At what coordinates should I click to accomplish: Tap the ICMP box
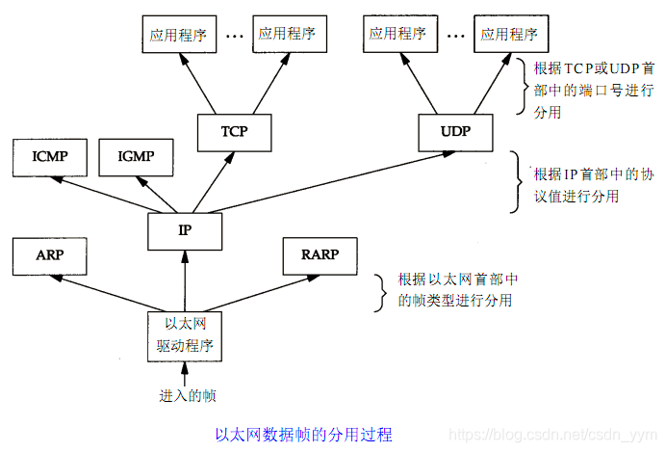48,155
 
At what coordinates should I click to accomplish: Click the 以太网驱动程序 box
184,334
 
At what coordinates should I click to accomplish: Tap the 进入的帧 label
184,395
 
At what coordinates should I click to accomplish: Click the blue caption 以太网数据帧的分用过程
303,434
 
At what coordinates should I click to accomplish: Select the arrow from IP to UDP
327,177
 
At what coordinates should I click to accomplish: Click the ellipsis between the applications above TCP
234,36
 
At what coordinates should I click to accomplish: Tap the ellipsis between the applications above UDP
454,36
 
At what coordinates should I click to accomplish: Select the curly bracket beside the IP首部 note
516,183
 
